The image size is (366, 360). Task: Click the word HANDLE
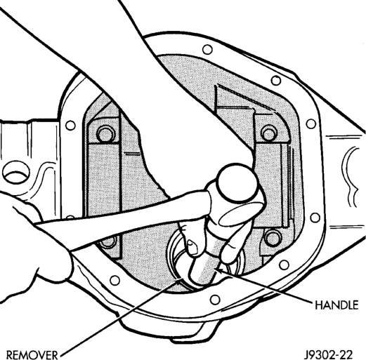[336, 305]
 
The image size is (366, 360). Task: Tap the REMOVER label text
[32, 355]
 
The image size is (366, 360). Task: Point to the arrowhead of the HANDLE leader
[218, 270]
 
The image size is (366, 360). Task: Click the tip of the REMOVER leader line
[181, 280]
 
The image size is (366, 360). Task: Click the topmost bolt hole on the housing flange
[207, 50]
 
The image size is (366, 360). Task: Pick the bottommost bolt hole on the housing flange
[215, 299]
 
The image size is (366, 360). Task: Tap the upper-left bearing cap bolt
[105, 133]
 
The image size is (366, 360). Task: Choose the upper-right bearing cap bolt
[269, 133]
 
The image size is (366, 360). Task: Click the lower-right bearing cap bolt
[273, 237]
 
